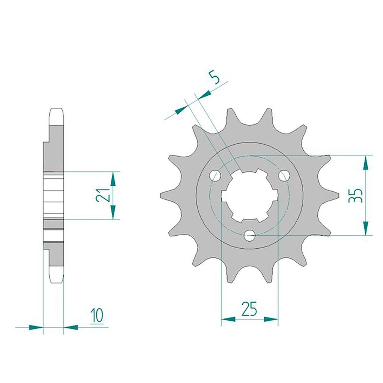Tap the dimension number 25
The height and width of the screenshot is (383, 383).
point(249,309)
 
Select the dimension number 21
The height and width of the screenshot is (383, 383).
point(102,195)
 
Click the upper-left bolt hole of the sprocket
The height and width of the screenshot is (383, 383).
point(215,175)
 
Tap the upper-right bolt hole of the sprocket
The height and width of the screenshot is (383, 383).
point(284,175)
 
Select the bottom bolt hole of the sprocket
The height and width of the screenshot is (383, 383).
point(249,236)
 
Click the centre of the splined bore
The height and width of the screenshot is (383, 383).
point(249,196)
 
